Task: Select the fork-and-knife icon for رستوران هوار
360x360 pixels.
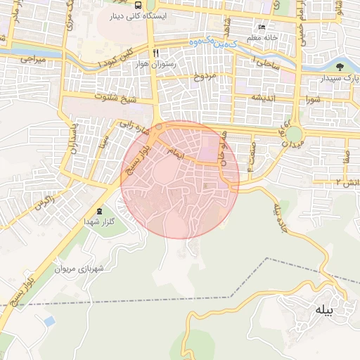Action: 155,53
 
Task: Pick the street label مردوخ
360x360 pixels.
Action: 202,76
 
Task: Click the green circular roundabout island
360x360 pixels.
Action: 294,133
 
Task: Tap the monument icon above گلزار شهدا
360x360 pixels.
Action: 98,211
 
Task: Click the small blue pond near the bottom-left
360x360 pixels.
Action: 49,321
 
